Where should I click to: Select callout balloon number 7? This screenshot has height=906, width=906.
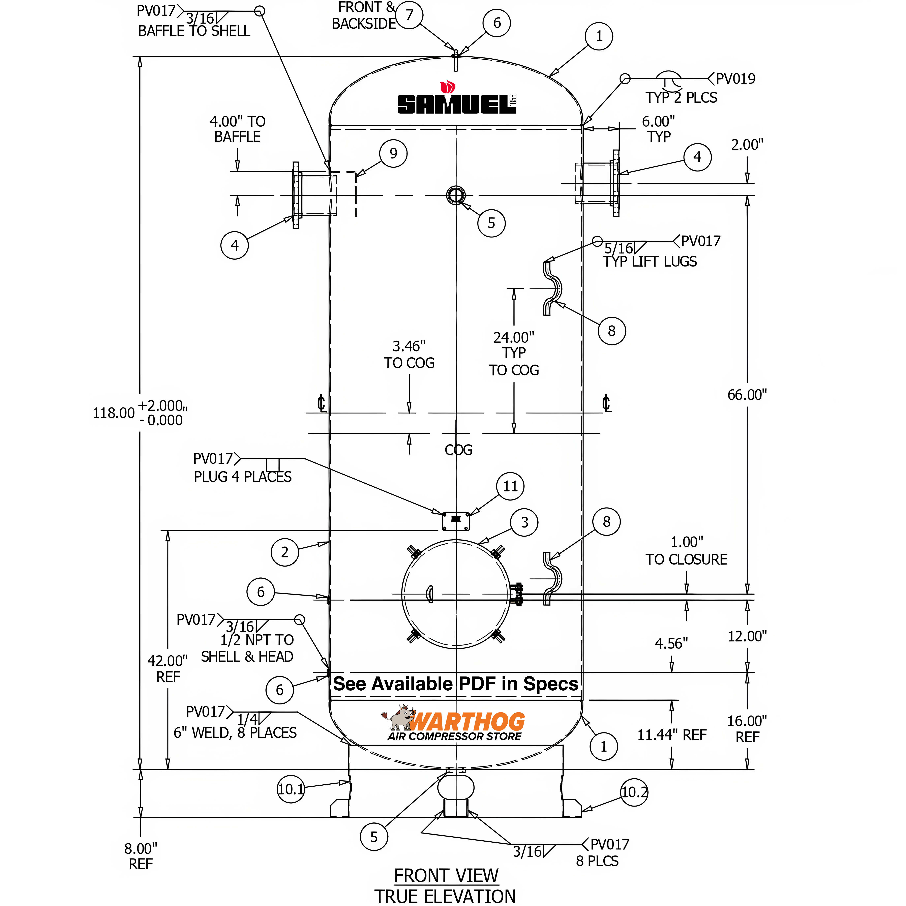[409, 15]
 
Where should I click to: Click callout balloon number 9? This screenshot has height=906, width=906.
[393, 153]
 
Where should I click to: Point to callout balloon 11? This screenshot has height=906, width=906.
[510, 486]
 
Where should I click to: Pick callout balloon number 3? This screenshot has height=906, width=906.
[524, 522]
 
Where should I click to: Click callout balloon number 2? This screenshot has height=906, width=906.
[285, 552]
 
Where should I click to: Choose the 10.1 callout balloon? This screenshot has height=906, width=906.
[291, 789]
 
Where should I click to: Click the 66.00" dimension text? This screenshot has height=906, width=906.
[747, 395]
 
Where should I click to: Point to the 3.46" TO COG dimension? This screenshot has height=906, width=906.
[409, 355]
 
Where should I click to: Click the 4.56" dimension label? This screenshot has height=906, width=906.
[671, 643]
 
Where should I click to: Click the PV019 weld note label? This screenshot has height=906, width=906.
[735, 79]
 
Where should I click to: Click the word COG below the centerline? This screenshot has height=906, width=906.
[458, 450]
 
